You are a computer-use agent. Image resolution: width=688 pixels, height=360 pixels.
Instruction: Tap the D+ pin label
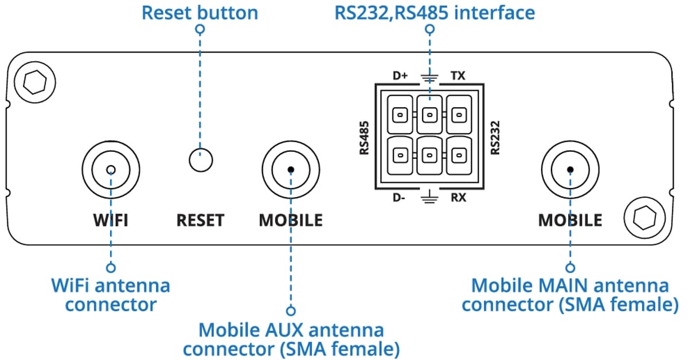(x=400, y=75)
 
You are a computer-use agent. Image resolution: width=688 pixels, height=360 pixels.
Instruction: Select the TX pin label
(x=458, y=75)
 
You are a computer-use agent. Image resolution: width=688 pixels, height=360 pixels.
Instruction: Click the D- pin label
(x=400, y=198)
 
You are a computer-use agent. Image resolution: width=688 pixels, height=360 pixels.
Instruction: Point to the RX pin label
(x=458, y=198)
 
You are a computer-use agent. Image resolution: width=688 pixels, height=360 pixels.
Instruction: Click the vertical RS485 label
(x=363, y=138)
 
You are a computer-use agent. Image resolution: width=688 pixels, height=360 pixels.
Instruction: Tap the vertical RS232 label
(x=495, y=138)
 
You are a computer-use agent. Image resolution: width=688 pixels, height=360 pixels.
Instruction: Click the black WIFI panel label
(x=110, y=220)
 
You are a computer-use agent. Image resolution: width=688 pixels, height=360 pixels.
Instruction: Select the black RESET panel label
(x=200, y=220)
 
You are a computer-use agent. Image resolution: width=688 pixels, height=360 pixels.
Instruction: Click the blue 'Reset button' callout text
(x=200, y=13)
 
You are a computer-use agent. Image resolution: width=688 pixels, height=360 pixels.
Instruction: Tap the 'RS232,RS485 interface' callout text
(x=434, y=13)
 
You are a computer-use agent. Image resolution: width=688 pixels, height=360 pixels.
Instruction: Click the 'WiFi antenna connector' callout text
(x=111, y=294)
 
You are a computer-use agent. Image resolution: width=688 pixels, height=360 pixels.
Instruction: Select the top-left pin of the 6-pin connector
(x=400, y=115)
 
